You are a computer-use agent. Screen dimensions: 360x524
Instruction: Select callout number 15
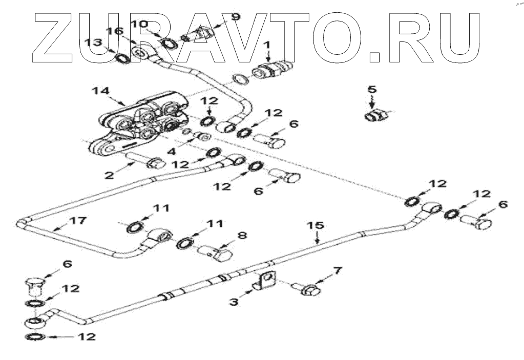(x=316, y=225)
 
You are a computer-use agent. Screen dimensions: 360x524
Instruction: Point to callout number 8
(x=241, y=236)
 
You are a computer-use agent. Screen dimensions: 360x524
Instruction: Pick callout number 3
(x=234, y=302)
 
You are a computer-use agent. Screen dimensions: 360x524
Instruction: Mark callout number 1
(x=266, y=45)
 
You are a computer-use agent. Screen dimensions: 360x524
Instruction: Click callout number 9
(x=235, y=17)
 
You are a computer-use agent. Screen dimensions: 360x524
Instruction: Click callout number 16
(x=115, y=32)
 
